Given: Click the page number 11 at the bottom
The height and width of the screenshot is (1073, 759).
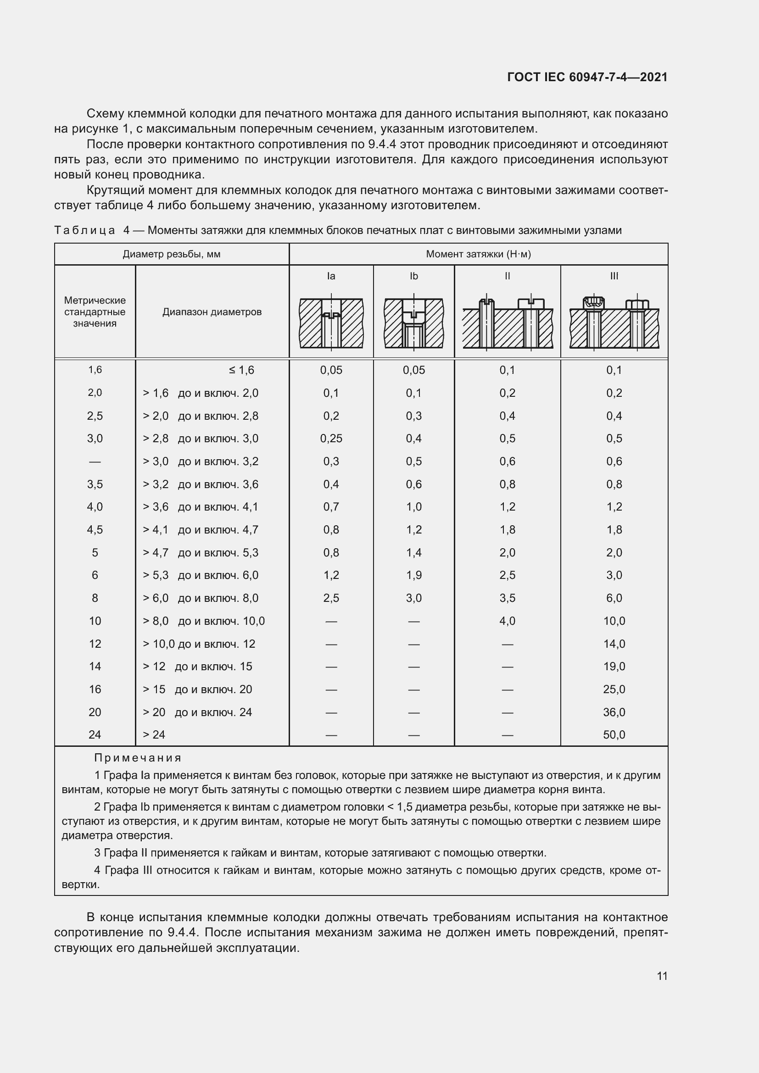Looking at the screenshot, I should pos(662,976).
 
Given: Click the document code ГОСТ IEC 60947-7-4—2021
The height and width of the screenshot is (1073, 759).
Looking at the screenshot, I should pos(587,77).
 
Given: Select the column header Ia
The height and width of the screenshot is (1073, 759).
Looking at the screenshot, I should pos(331,276).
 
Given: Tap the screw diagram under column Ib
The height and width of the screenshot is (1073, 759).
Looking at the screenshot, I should pos(413,323).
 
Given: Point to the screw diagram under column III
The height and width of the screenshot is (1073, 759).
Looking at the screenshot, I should pos(614,322).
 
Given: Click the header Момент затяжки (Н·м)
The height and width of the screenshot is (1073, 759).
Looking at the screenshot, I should pos(478,254).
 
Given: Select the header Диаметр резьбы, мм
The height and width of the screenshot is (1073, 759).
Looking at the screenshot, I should pos(172,254).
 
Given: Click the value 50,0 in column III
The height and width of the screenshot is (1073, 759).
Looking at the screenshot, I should pos(614,734).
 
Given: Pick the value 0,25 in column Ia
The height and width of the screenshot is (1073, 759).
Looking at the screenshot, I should pos(331,439).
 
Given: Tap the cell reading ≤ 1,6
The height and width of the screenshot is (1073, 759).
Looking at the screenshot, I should pos(241,370).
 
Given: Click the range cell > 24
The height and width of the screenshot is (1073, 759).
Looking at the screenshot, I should pos(154,734).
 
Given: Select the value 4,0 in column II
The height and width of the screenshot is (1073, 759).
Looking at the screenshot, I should pos(507,621).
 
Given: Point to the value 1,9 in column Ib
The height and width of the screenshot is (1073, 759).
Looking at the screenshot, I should pos(413,575).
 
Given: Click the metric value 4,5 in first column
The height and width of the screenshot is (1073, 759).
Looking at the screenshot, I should pos(95,529).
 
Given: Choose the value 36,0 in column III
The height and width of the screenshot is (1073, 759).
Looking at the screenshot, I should pos(614,712).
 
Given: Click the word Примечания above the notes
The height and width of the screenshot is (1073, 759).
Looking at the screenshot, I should pos(137,757).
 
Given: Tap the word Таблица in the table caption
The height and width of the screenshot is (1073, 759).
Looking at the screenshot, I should pos(84,230).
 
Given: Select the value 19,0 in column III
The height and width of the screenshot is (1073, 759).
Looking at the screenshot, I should pos(614,667).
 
